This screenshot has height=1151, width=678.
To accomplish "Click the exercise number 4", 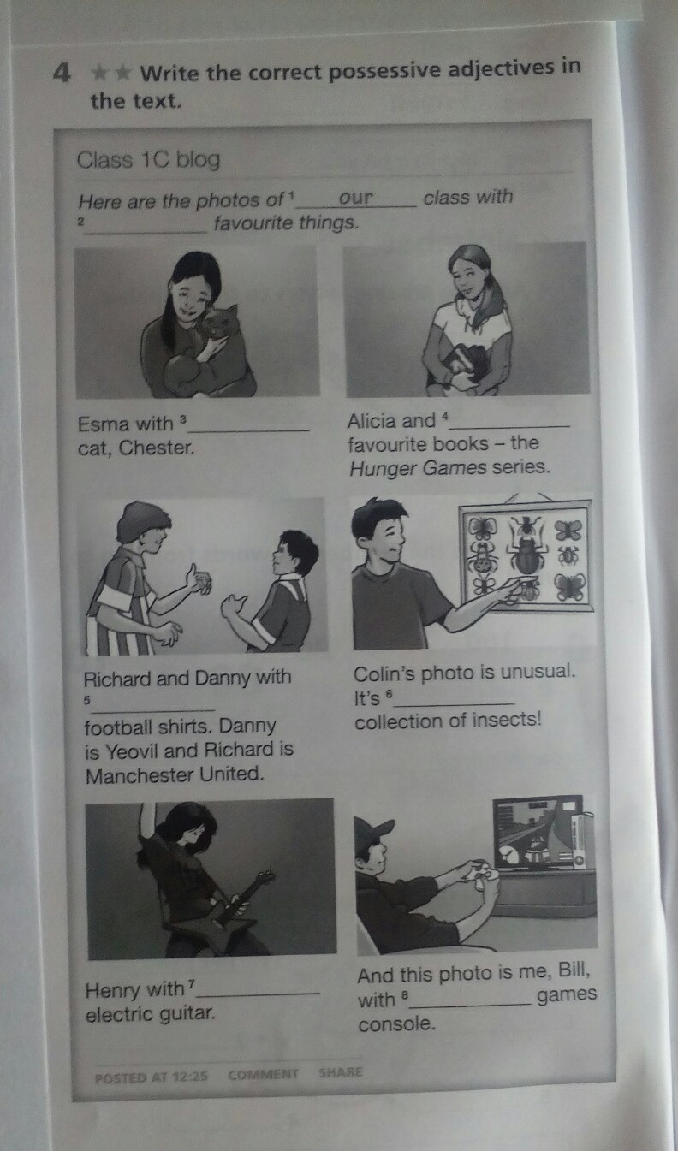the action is point(62,74).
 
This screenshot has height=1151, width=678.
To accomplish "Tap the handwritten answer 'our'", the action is point(356,198).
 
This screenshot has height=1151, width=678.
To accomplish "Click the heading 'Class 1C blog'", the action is point(149,160).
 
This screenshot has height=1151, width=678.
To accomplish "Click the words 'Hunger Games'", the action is point(418,468).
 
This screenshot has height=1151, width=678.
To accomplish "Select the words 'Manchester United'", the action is point(175,774).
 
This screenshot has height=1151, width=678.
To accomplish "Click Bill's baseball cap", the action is point(374,830).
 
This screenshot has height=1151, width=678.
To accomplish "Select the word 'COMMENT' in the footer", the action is point(263,1074).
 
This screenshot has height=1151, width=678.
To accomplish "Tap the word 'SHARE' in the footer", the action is point(341,1072).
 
